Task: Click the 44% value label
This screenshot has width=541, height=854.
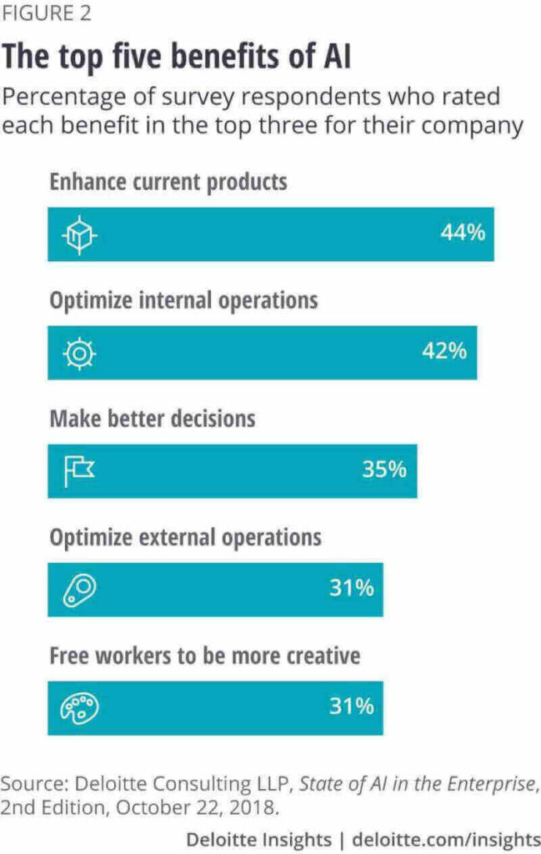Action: click(x=462, y=233)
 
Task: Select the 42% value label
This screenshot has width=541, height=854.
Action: click(x=443, y=351)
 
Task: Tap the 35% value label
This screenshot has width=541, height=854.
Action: click(x=383, y=470)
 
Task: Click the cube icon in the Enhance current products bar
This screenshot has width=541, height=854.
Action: click(x=81, y=234)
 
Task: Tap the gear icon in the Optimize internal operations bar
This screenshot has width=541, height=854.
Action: click(x=81, y=353)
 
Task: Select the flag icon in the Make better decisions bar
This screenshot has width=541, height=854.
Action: click(x=80, y=471)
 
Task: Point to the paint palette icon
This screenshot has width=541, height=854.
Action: click(x=80, y=707)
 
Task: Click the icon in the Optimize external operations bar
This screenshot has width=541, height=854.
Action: click(x=80, y=590)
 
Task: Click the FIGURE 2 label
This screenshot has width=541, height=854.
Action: click(x=47, y=14)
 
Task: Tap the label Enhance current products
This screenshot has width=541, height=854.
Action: click(x=168, y=182)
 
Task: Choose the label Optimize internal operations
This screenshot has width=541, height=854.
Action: click(x=183, y=300)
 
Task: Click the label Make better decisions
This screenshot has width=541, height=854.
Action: click(x=152, y=419)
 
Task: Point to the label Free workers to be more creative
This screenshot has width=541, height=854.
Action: click(x=204, y=656)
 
